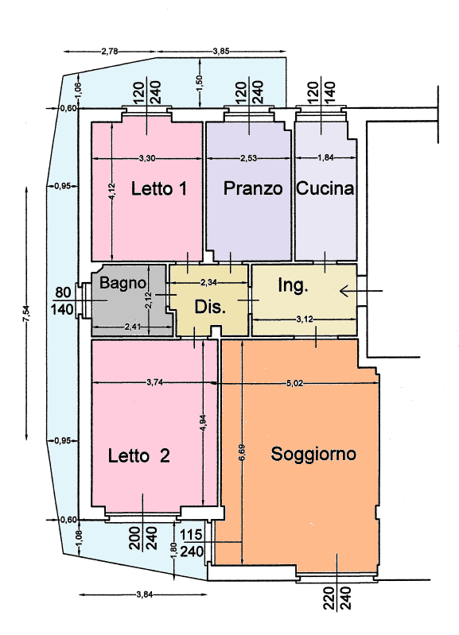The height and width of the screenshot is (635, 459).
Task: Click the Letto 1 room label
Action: pos(159,188)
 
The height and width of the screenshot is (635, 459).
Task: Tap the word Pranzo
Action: pos(253,188)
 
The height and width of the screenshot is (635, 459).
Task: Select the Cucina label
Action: pos(325,188)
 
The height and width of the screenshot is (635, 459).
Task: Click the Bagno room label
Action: pos(123,283)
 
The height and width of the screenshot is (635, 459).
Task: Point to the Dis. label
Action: pos(210,307)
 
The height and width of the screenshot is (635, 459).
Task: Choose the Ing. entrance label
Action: pos(293,285)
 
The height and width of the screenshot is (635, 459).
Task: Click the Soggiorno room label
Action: pos(313,454)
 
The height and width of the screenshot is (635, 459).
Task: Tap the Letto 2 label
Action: pos(138,456)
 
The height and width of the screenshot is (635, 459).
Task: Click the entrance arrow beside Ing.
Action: pos(360,291)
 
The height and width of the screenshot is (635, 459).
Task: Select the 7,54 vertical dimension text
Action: pos(26,314)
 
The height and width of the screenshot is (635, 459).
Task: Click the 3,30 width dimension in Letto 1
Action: pos(147,158)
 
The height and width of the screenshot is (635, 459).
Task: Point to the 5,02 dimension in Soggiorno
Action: pos(295,384)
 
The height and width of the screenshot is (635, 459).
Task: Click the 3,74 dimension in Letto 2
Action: pos(154,382)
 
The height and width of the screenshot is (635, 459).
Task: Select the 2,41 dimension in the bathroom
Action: pos(133,327)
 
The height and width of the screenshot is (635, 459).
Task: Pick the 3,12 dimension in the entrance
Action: pos(305,319)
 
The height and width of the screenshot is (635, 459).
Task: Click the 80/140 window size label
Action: pos(62,301)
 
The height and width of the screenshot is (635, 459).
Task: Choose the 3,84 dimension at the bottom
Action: pos(145,594)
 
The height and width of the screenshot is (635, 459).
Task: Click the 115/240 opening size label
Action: pos(192,543)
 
